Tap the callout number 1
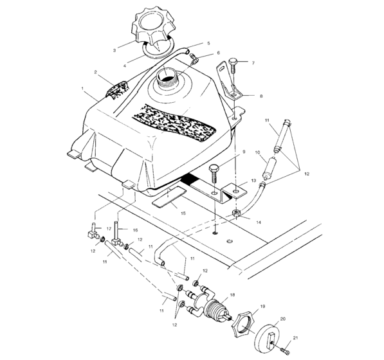tap(83, 87)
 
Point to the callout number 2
tap(95, 73)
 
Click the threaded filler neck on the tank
tap(168, 78)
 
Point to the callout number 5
tap(208, 44)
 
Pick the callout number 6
tap(218, 53)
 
